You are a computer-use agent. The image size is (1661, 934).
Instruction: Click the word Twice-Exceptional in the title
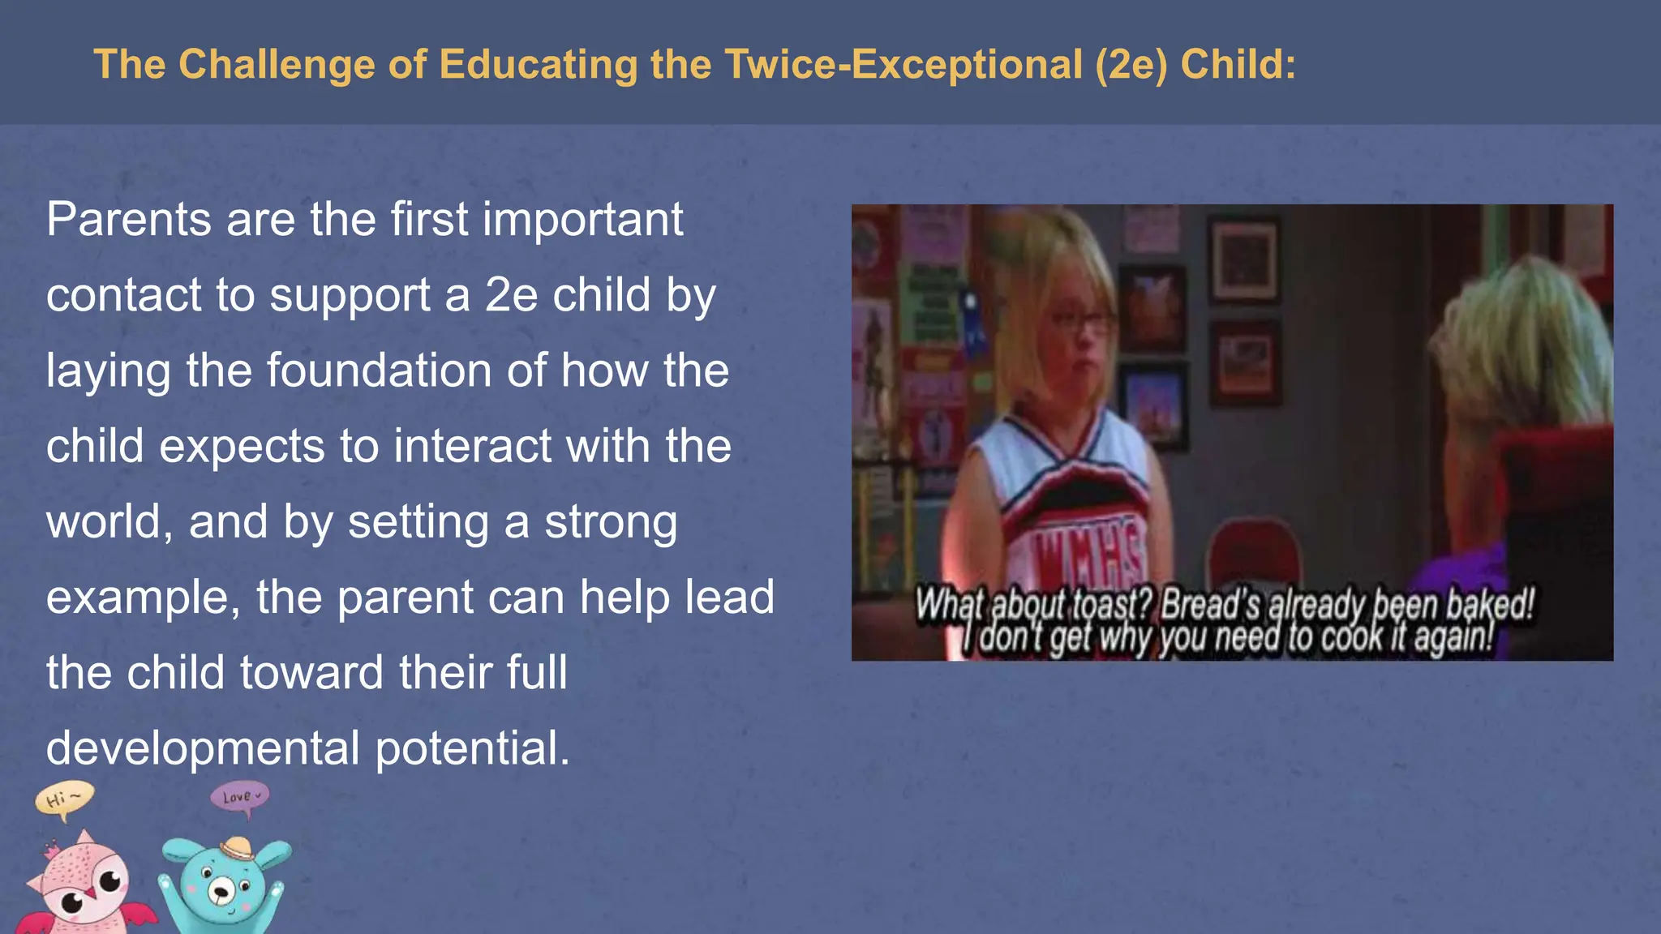tap(903, 64)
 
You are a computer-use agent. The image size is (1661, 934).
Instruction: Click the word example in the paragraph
tap(143, 598)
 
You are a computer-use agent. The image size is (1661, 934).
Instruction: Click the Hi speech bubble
tap(63, 799)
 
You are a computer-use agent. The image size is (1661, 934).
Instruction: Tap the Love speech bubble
tap(239, 797)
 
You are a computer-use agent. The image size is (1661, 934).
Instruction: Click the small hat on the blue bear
tap(238, 849)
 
